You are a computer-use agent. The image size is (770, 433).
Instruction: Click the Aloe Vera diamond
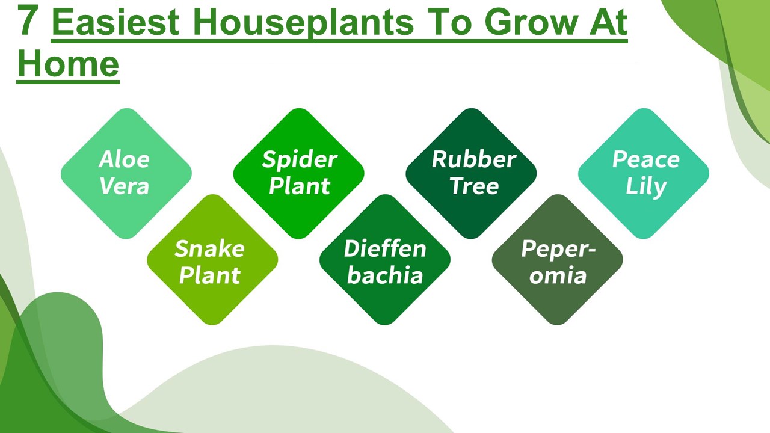point(126,173)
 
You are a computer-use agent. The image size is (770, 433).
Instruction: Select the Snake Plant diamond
point(212,260)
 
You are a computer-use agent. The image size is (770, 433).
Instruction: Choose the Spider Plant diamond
point(298,173)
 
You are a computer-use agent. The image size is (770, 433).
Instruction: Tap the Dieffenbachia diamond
point(385,260)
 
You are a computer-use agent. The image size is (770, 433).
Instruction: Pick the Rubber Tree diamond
point(471,173)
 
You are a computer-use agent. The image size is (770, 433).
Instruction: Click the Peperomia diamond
point(557,260)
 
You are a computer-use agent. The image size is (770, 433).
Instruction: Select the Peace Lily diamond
point(644,173)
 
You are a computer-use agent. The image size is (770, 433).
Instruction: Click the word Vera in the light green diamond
point(124,186)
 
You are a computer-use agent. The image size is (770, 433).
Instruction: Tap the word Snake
point(209,248)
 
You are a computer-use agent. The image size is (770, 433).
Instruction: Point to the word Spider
point(300,161)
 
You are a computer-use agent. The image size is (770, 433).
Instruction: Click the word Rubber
point(474,160)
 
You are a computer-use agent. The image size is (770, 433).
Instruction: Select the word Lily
point(645,187)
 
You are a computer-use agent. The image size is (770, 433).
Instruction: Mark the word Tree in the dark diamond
point(474,186)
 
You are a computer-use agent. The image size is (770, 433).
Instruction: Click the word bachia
point(385,275)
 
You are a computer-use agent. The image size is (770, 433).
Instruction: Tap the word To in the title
point(450,22)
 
